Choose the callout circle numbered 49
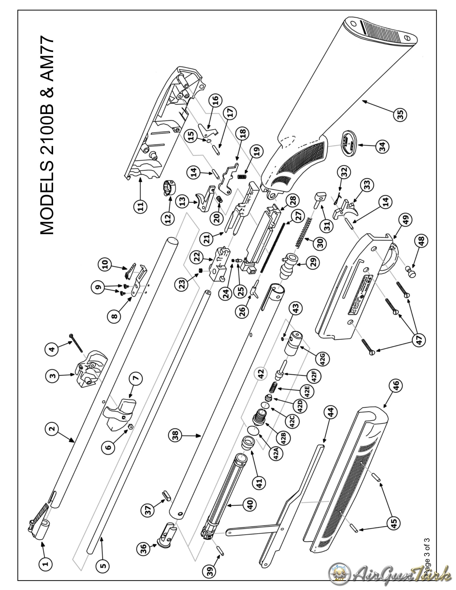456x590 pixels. pyautogui.click(x=406, y=219)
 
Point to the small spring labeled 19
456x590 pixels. pyautogui.click(x=242, y=176)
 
